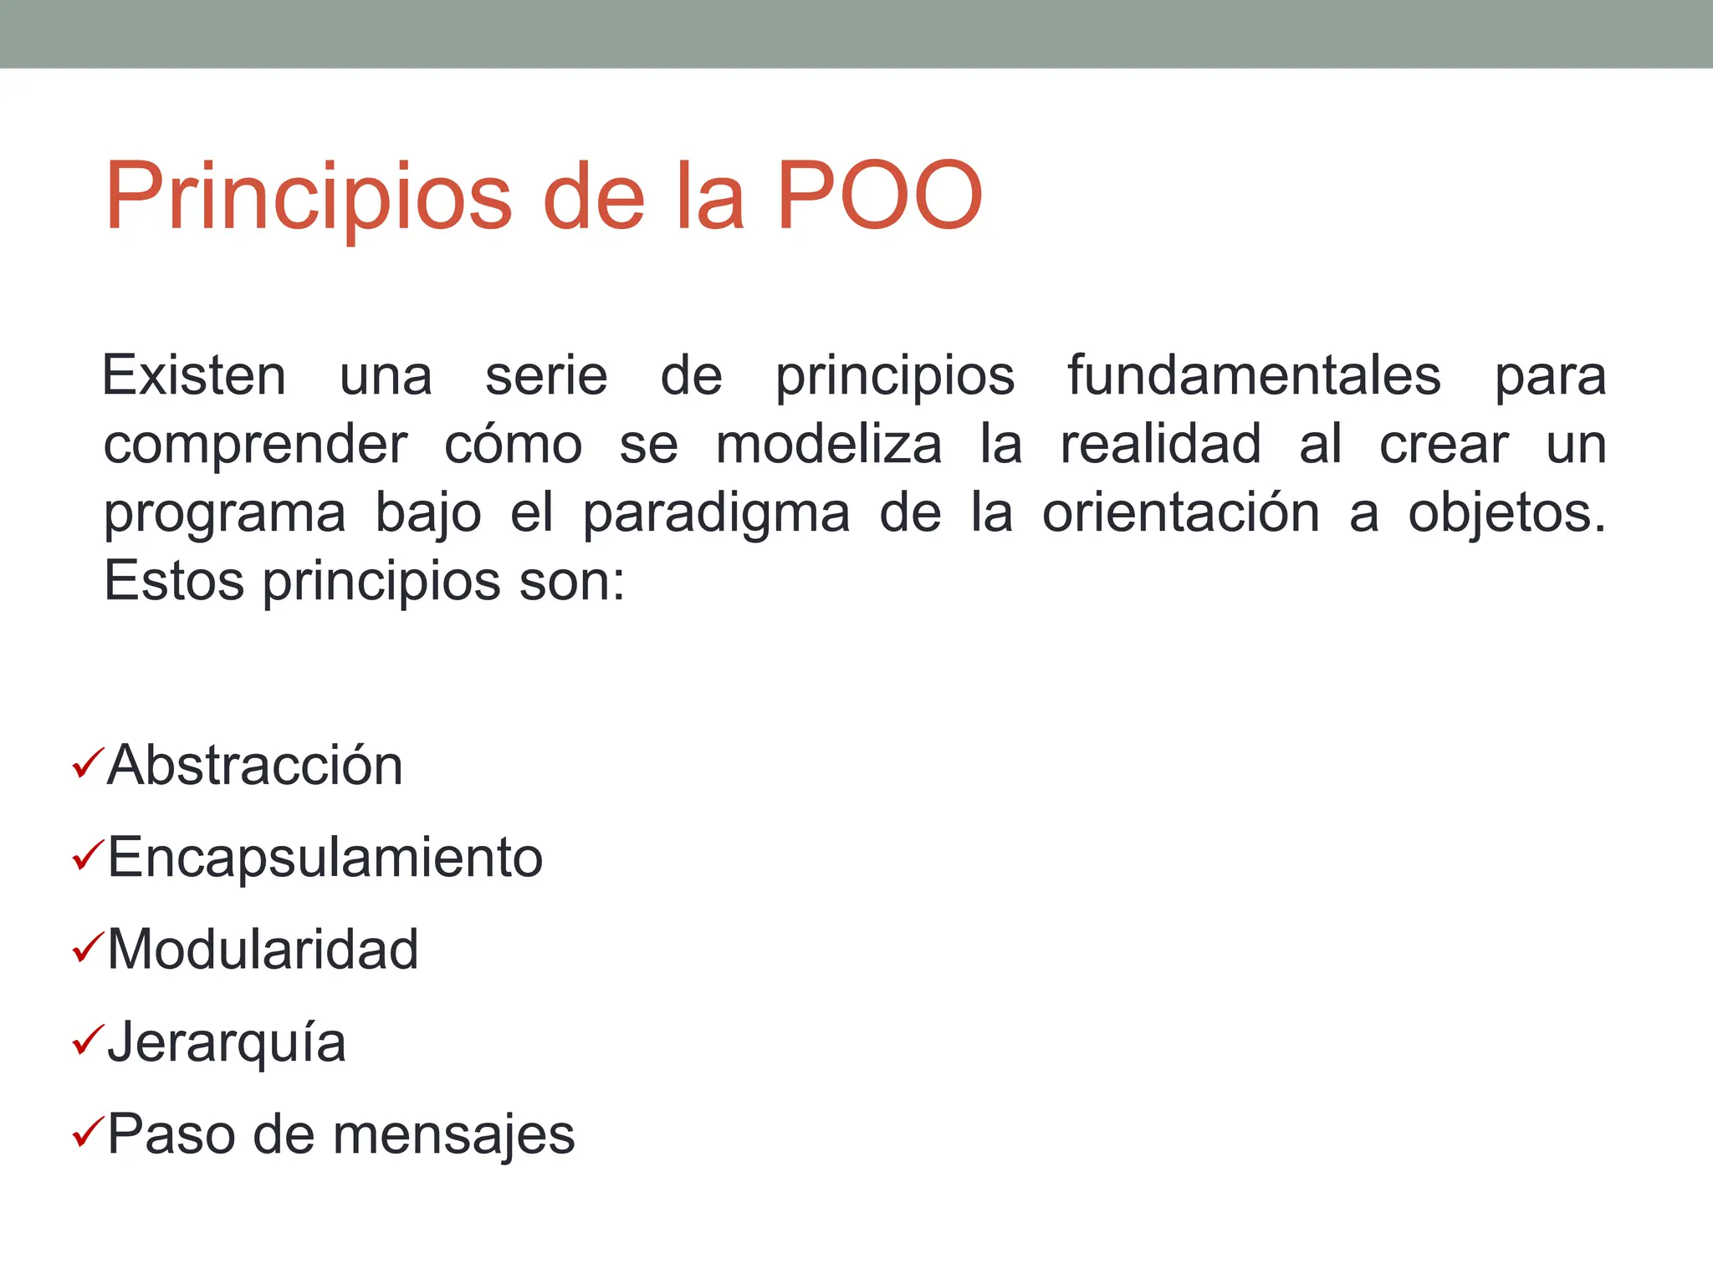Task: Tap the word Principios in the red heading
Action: pyautogui.click(x=308, y=197)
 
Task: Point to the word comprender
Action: pyautogui.click(x=255, y=446)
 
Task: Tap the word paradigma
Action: pyautogui.click(x=716, y=514)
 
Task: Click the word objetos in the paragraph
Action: pyautogui.click(x=1506, y=514)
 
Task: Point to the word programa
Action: pyautogui.click(x=224, y=514)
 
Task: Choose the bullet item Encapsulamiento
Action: pyautogui.click(x=325, y=858)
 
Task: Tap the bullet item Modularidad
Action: pyautogui.click(x=263, y=950)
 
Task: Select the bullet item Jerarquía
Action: pyautogui.click(x=227, y=1043)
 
